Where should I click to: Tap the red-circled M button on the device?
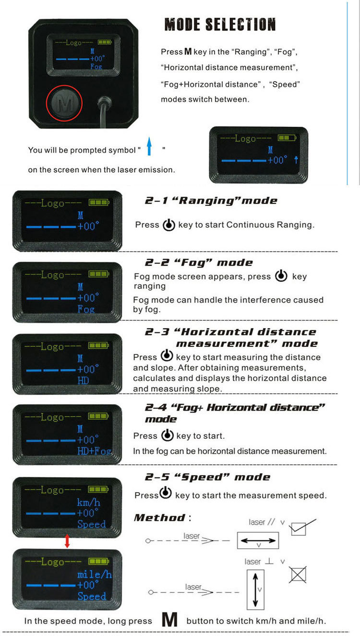coord(64,103)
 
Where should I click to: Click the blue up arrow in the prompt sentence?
coord(149,146)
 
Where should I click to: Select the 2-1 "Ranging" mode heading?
coord(211,200)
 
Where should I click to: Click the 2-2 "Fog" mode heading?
coord(198,262)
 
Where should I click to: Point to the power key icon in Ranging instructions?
coord(168,224)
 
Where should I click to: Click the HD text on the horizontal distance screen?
coord(83,380)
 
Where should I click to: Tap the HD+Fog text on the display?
coord(94,451)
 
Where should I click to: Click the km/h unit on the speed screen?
coord(88,502)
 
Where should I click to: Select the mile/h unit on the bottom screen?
coord(94,574)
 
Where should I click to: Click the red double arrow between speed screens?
coord(67,542)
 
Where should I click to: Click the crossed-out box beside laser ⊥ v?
coord(298,575)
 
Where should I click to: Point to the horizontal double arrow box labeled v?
coord(258,541)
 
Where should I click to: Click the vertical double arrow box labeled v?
coord(255,589)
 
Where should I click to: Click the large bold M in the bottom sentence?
coord(169,620)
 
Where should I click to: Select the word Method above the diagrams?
coord(159,518)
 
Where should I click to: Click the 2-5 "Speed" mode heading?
coord(207,477)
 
